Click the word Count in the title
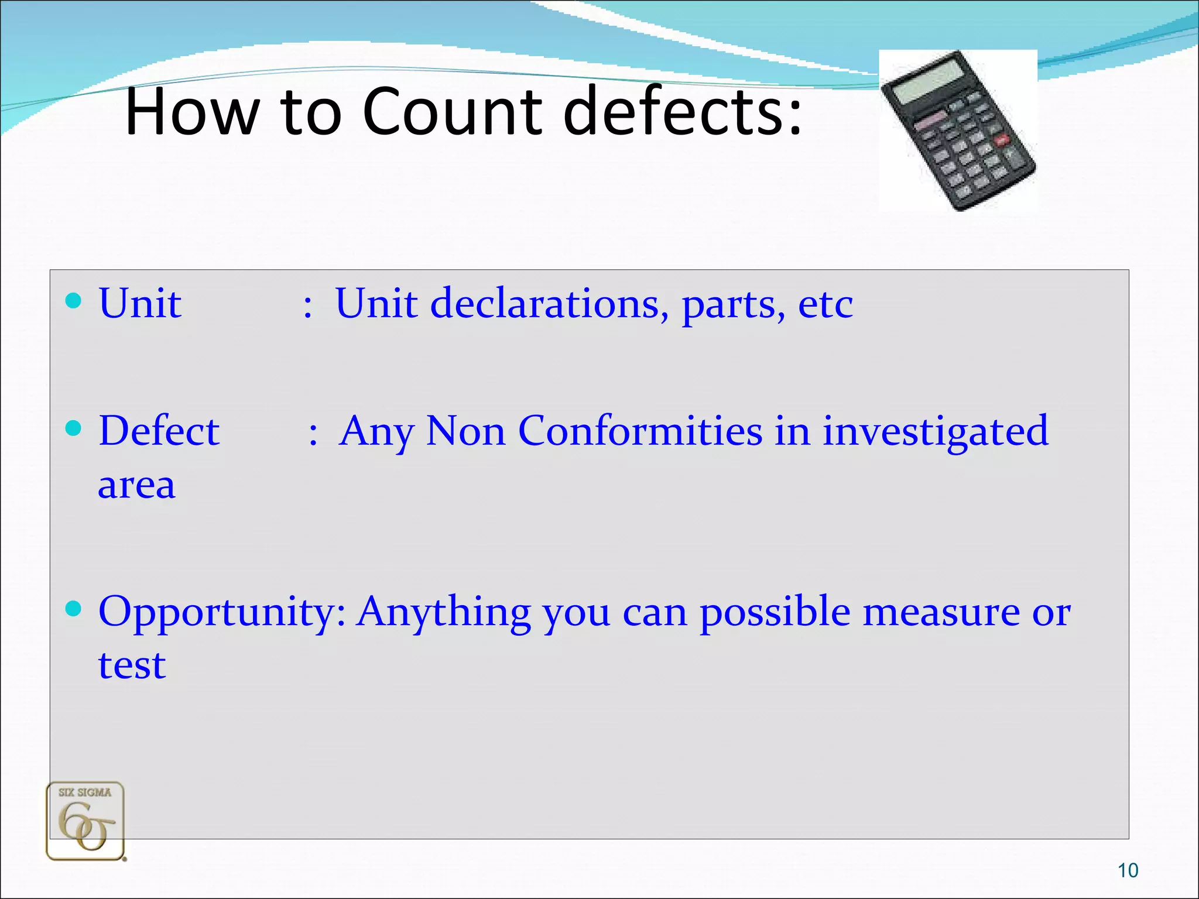pos(453,112)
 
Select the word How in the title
pos(193,112)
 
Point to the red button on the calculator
pos(1002,139)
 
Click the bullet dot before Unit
pos(73,301)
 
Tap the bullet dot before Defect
pos(73,428)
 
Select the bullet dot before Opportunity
pos(73,609)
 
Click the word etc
pos(825,304)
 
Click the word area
pos(136,486)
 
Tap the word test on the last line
pos(132,665)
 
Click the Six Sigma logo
pos(85,821)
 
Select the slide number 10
pos(1128,870)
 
